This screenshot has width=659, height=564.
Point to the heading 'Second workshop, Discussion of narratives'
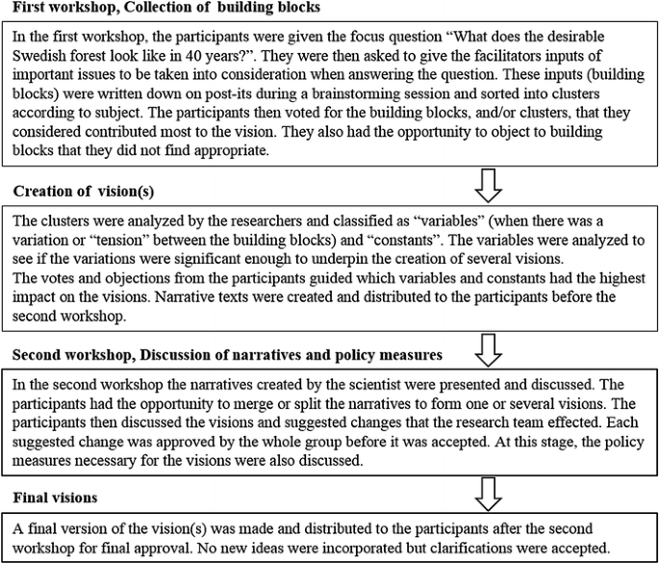click(x=225, y=354)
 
